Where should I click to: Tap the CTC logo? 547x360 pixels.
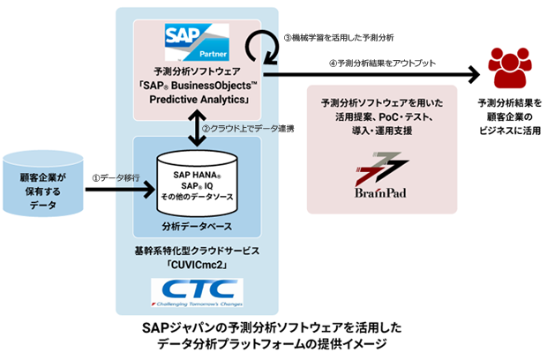[x=197, y=292]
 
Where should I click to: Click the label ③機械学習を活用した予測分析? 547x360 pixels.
[x=336, y=38]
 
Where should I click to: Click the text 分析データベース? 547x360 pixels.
[x=196, y=228]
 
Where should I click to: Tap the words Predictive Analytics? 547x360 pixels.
[x=196, y=99]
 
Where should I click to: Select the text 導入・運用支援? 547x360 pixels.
[x=382, y=130]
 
